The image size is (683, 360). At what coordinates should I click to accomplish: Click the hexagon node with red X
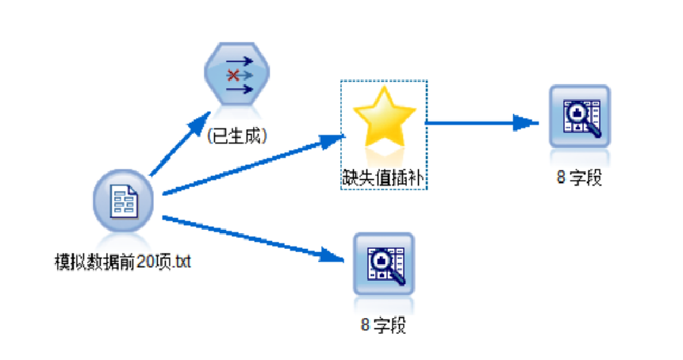(235, 76)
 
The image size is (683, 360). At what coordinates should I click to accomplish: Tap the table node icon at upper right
(580, 117)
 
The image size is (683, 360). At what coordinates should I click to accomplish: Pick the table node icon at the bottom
(384, 263)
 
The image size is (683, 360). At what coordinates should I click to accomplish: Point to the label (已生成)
(236, 136)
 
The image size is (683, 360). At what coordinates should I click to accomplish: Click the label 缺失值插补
(384, 178)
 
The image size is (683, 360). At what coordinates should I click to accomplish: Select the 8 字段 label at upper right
(580, 177)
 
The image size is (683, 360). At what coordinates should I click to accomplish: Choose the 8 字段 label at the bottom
(384, 325)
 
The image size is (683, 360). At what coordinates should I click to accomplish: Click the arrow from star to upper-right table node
(476, 122)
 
